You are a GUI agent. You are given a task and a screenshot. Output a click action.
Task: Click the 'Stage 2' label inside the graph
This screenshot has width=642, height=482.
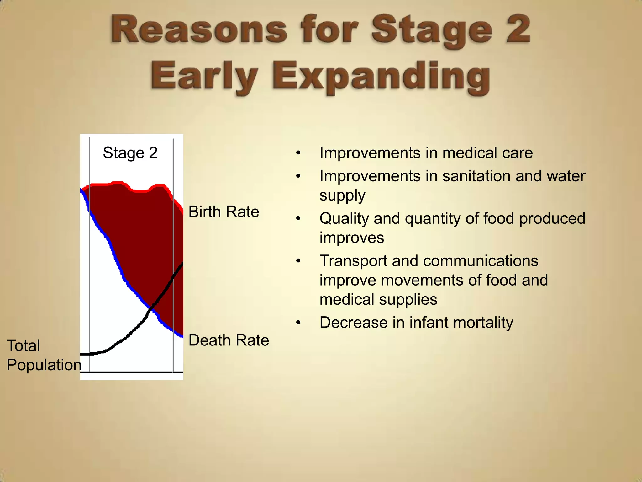130,153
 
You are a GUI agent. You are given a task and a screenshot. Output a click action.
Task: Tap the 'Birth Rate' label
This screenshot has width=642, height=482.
224,212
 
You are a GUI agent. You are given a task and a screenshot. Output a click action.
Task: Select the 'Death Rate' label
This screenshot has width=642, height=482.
229,340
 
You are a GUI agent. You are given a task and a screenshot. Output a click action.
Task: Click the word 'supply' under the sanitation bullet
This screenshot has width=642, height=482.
342,195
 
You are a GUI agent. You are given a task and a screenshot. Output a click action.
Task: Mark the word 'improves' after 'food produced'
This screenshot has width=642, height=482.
351,238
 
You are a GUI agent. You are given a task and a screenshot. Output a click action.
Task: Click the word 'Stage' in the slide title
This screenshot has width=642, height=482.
431,30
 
